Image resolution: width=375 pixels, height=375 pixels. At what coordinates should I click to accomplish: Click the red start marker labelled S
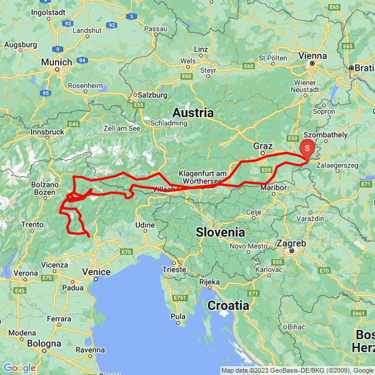(x=307, y=149)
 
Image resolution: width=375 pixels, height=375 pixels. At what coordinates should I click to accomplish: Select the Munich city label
(x=57, y=62)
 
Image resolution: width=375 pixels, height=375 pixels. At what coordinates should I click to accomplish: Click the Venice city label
(x=97, y=272)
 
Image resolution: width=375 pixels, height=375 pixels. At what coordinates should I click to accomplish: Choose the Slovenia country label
(x=220, y=232)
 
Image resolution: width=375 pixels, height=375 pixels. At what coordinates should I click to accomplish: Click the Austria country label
(x=193, y=112)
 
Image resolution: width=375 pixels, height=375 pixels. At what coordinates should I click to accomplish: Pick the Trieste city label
(x=175, y=270)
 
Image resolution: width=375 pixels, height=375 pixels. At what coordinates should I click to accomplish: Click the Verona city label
(x=25, y=273)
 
